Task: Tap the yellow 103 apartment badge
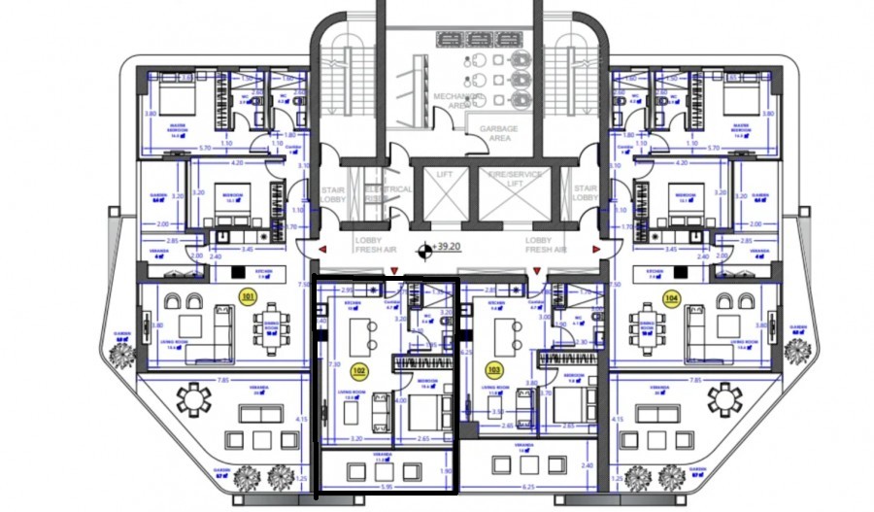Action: [494, 369]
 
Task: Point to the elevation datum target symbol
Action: [424, 253]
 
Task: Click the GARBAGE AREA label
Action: [498, 133]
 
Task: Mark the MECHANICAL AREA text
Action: [457, 102]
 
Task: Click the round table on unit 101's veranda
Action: [196, 398]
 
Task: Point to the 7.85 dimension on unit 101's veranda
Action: [223, 381]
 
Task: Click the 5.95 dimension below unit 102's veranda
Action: [387, 488]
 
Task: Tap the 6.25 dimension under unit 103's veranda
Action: [529, 488]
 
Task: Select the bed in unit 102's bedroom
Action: [424, 413]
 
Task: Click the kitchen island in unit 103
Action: [505, 335]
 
